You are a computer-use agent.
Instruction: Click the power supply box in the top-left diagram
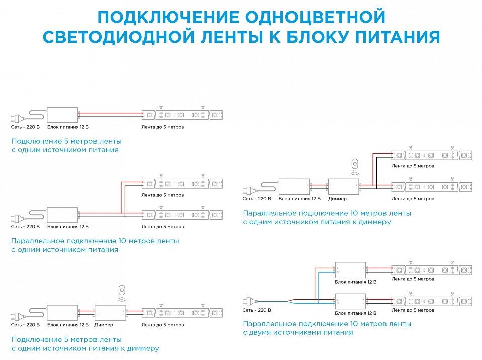(x=62, y=115)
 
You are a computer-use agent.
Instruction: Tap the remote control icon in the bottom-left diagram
(x=121, y=291)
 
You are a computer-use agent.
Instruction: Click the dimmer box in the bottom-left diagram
(x=111, y=312)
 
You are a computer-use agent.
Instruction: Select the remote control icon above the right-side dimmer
(x=355, y=164)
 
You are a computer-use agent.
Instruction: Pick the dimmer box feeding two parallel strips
(x=343, y=187)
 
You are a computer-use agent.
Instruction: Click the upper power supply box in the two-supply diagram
(x=350, y=269)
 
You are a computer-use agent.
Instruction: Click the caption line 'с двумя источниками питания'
(x=298, y=332)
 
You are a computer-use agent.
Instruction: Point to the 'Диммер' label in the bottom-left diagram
(x=104, y=325)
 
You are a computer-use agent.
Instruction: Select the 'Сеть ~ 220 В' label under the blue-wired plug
(x=257, y=310)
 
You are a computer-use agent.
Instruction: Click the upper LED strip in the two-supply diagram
(x=432, y=270)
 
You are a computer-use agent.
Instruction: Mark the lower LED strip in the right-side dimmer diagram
(x=432, y=187)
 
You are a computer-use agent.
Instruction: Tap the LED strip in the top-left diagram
(x=182, y=115)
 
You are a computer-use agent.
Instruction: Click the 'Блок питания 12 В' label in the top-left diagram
(x=65, y=127)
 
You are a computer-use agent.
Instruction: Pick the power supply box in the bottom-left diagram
(x=62, y=312)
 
